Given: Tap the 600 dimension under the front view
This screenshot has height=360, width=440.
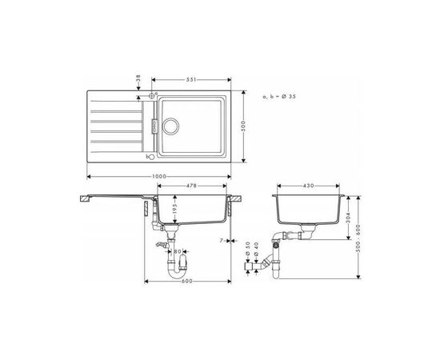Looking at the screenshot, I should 186,281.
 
